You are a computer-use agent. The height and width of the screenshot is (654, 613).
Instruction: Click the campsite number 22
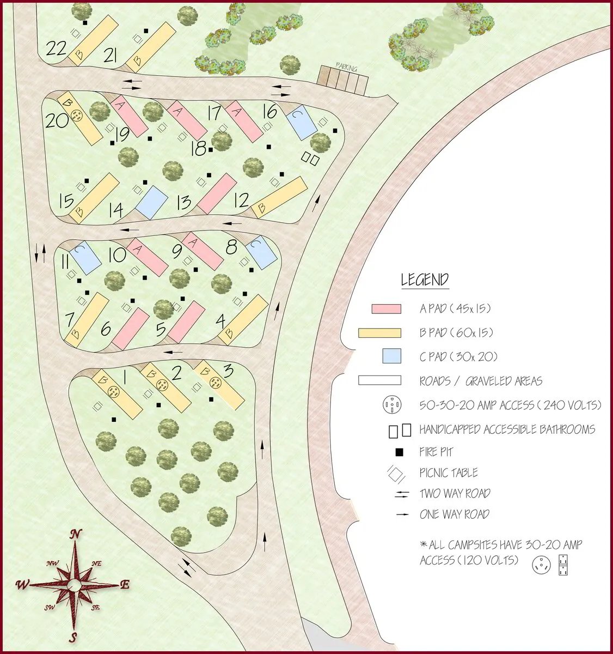click(56, 49)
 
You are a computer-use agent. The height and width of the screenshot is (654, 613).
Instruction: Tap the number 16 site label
click(269, 111)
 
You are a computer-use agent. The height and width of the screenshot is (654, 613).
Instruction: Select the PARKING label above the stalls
click(346, 68)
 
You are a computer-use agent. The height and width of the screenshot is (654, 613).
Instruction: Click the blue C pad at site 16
click(302, 122)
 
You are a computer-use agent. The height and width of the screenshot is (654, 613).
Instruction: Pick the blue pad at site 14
click(151, 202)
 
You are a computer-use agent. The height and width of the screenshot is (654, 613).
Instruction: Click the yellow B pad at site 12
click(279, 197)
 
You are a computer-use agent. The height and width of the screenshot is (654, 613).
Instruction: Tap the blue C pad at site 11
click(85, 257)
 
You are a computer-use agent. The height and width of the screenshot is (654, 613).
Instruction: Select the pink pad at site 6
click(131, 329)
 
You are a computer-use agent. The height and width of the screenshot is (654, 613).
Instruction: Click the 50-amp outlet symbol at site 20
click(77, 116)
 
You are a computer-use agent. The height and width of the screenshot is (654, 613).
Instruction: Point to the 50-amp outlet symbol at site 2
click(162, 385)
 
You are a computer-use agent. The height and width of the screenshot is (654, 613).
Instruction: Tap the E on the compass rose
click(125, 585)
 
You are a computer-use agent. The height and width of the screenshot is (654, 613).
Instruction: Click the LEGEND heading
click(425, 280)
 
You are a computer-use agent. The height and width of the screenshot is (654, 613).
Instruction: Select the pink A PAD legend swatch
click(386, 309)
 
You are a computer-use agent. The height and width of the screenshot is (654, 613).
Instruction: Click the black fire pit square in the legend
click(399, 452)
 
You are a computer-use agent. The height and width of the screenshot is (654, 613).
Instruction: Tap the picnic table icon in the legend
click(395, 473)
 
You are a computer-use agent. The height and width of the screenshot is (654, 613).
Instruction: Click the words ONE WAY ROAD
click(454, 514)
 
